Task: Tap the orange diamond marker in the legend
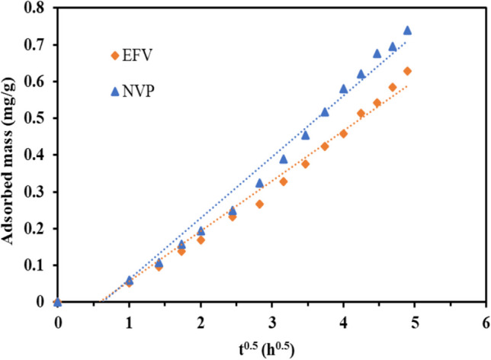coord(115,56)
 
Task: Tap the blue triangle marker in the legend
coord(115,92)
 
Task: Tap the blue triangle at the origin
coord(58,301)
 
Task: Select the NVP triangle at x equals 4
coord(343,88)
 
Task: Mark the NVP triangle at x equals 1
coord(129,280)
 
